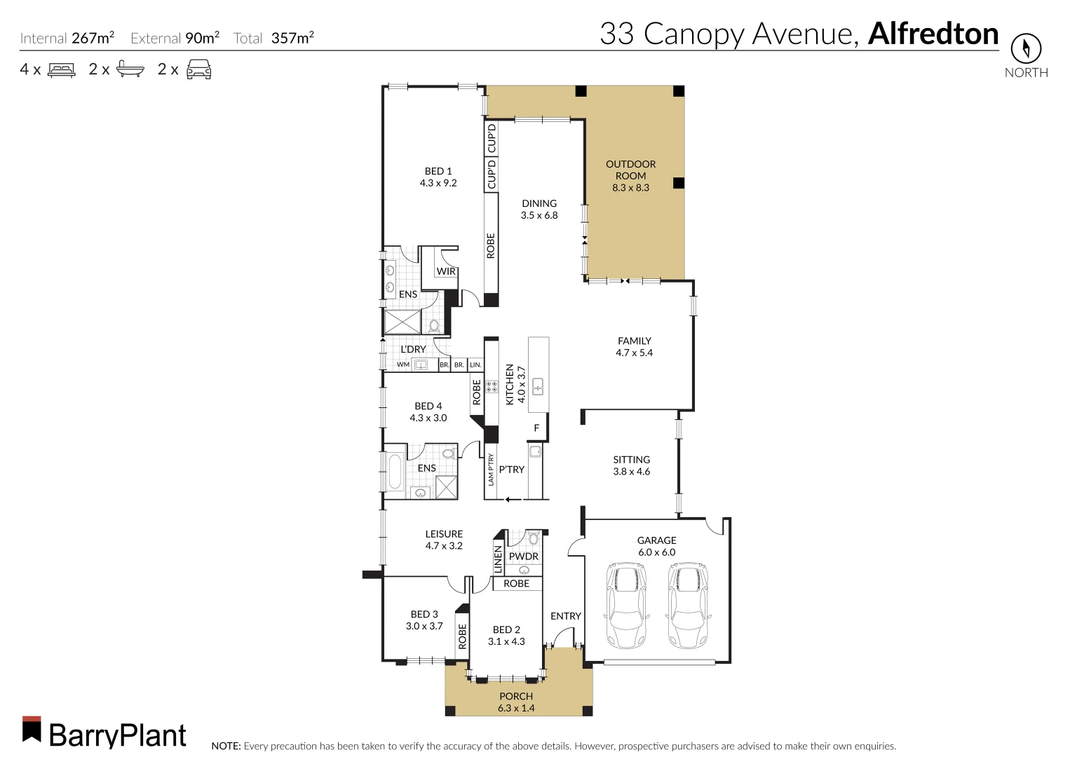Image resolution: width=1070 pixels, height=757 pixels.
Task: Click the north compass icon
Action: tap(1025, 48)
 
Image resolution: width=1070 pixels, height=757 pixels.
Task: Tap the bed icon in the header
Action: tap(61, 69)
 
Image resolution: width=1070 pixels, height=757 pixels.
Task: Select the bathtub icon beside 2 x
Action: tap(130, 69)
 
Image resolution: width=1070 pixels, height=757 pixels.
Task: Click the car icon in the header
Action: tap(198, 69)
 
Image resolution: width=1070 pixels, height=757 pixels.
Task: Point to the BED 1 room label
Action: tap(438, 177)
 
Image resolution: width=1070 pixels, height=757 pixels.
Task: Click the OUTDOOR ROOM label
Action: tap(630, 175)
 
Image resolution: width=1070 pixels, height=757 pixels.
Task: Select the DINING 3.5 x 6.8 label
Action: tap(539, 209)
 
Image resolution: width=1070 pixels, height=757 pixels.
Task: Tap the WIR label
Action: tap(446, 271)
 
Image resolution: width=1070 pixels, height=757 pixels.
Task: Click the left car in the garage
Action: tap(626, 606)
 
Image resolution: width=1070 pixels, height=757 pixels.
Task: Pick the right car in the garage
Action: tap(686, 606)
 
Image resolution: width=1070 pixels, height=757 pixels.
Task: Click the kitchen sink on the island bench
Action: tap(539, 386)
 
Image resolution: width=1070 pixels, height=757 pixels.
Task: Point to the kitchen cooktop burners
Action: tap(492, 386)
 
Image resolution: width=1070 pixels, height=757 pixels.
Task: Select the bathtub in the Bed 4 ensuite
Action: tap(395, 472)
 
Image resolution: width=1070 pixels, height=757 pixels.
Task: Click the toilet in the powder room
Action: tap(534, 538)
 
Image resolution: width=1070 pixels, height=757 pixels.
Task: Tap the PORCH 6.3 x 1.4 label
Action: tap(516, 702)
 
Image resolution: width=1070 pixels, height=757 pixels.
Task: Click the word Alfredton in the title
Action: tap(933, 34)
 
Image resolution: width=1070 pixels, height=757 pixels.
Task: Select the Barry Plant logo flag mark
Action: tap(32, 729)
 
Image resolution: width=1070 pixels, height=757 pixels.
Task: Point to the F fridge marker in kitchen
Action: tap(536, 428)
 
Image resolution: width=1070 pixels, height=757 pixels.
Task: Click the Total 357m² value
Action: tap(292, 38)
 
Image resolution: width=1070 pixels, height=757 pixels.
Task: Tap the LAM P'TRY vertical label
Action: tap(491, 469)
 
